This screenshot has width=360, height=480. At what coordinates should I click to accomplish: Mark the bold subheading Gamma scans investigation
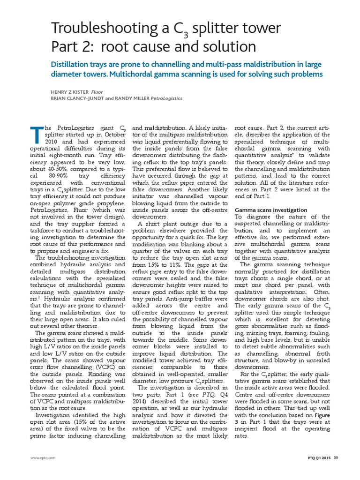pyautogui.click(x=270, y=210)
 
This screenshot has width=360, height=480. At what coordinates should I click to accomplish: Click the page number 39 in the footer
pyautogui.click(x=336, y=457)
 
